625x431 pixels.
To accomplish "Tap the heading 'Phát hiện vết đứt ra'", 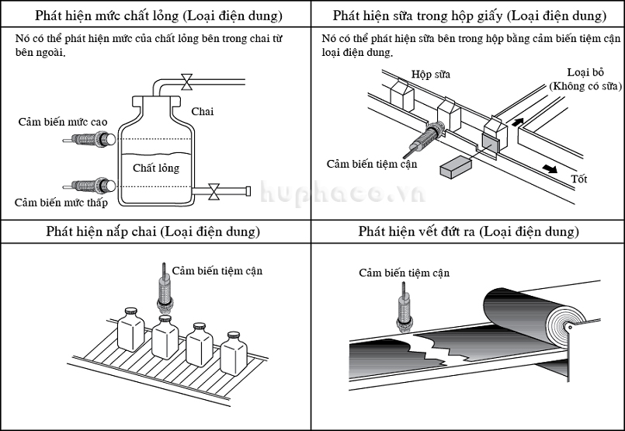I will click(468, 231).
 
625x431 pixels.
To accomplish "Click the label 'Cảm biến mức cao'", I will click(64, 122).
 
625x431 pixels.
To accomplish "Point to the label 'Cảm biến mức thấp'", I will click(64, 203).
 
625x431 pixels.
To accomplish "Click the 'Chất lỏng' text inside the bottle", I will click(155, 168).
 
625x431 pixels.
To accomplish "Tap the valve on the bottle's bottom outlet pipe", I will click(215, 189).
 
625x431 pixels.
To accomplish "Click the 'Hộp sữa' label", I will click(432, 75).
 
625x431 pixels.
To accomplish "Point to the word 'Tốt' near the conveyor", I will click(578, 179).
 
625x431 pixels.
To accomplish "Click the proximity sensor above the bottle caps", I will click(164, 291).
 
